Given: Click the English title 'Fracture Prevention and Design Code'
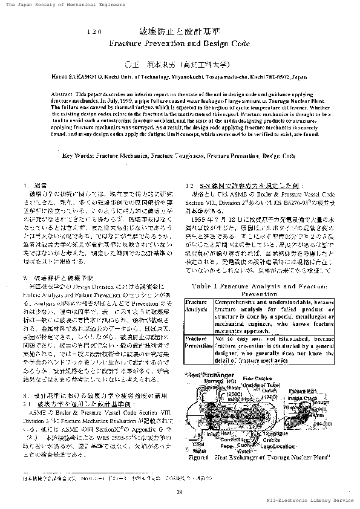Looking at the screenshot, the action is tap(180, 44).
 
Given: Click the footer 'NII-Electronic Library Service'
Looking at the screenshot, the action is tap(310, 501).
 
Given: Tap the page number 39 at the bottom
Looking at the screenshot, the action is tap(180, 490).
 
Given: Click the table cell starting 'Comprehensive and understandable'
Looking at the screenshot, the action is tap(273, 312).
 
